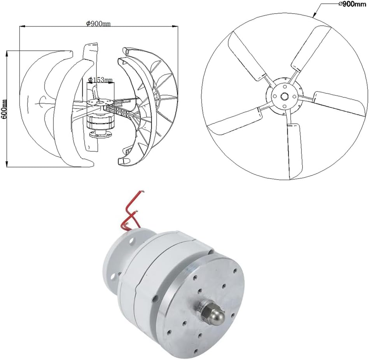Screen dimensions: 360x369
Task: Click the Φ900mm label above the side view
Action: (x=98, y=23)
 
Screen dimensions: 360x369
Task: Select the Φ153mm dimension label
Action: (x=100, y=80)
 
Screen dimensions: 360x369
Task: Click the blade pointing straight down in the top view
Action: (x=295, y=150)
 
